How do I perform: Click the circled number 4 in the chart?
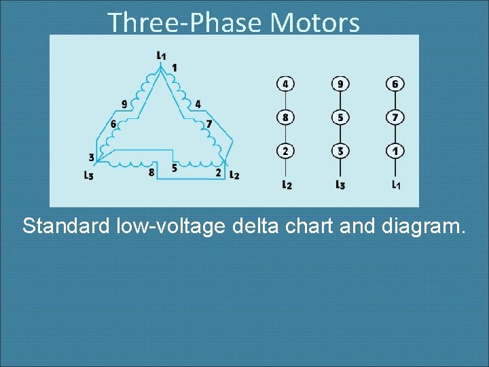(285, 84)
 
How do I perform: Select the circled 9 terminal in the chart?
(340, 84)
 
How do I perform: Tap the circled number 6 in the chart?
(395, 84)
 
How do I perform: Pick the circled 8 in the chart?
(285, 118)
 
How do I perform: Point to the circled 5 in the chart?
(340, 118)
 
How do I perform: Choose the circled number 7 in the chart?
(395, 118)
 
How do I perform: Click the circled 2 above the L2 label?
(285, 150)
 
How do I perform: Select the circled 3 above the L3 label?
(340, 150)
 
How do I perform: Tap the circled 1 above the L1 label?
(395, 150)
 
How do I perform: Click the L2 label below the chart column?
(286, 184)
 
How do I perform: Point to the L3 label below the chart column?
(340, 184)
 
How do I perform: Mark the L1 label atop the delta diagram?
(161, 54)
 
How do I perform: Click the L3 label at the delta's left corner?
(88, 175)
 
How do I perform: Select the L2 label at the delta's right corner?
(234, 175)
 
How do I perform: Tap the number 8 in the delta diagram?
(151, 172)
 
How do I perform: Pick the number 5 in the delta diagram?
(175, 167)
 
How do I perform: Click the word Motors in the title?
(314, 23)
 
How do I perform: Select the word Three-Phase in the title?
(185, 23)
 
